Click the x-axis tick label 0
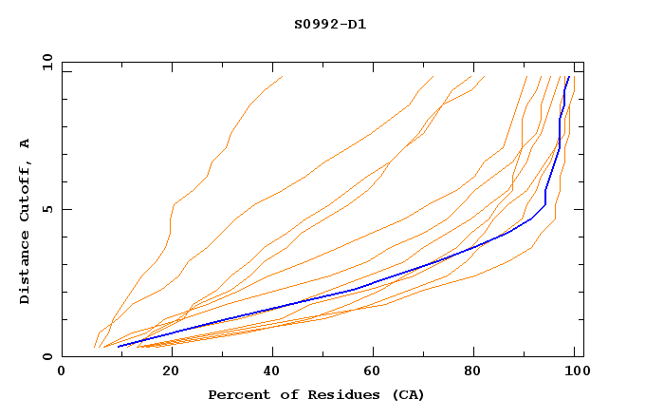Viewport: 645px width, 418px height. (62, 372)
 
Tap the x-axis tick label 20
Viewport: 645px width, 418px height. (165, 372)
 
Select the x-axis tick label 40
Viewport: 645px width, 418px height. (267, 372)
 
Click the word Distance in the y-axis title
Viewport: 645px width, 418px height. (25, 269)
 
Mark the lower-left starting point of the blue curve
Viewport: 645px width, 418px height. (118, 347)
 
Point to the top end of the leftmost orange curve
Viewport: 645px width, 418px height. (282, 76)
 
